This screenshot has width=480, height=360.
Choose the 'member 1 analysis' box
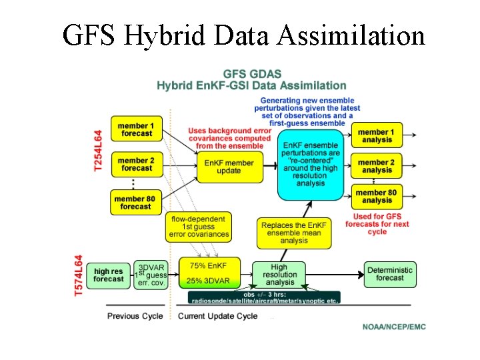(x=377, y=136)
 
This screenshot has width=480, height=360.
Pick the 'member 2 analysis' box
(x=377, y=166)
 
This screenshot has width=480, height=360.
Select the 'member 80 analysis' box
(x=377, y=197)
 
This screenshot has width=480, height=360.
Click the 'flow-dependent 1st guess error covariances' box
(x=199, y=227)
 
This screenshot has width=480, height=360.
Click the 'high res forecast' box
(x=109, y=275)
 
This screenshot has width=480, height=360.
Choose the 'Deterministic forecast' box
(x=389, y=273)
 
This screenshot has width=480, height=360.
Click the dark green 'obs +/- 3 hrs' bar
(x=264, y=297)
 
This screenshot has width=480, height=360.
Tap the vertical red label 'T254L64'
(x=98, y=152)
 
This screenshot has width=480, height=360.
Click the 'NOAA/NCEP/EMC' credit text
(x=393, y=327)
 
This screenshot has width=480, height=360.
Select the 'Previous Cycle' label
(x=135, y=316)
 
